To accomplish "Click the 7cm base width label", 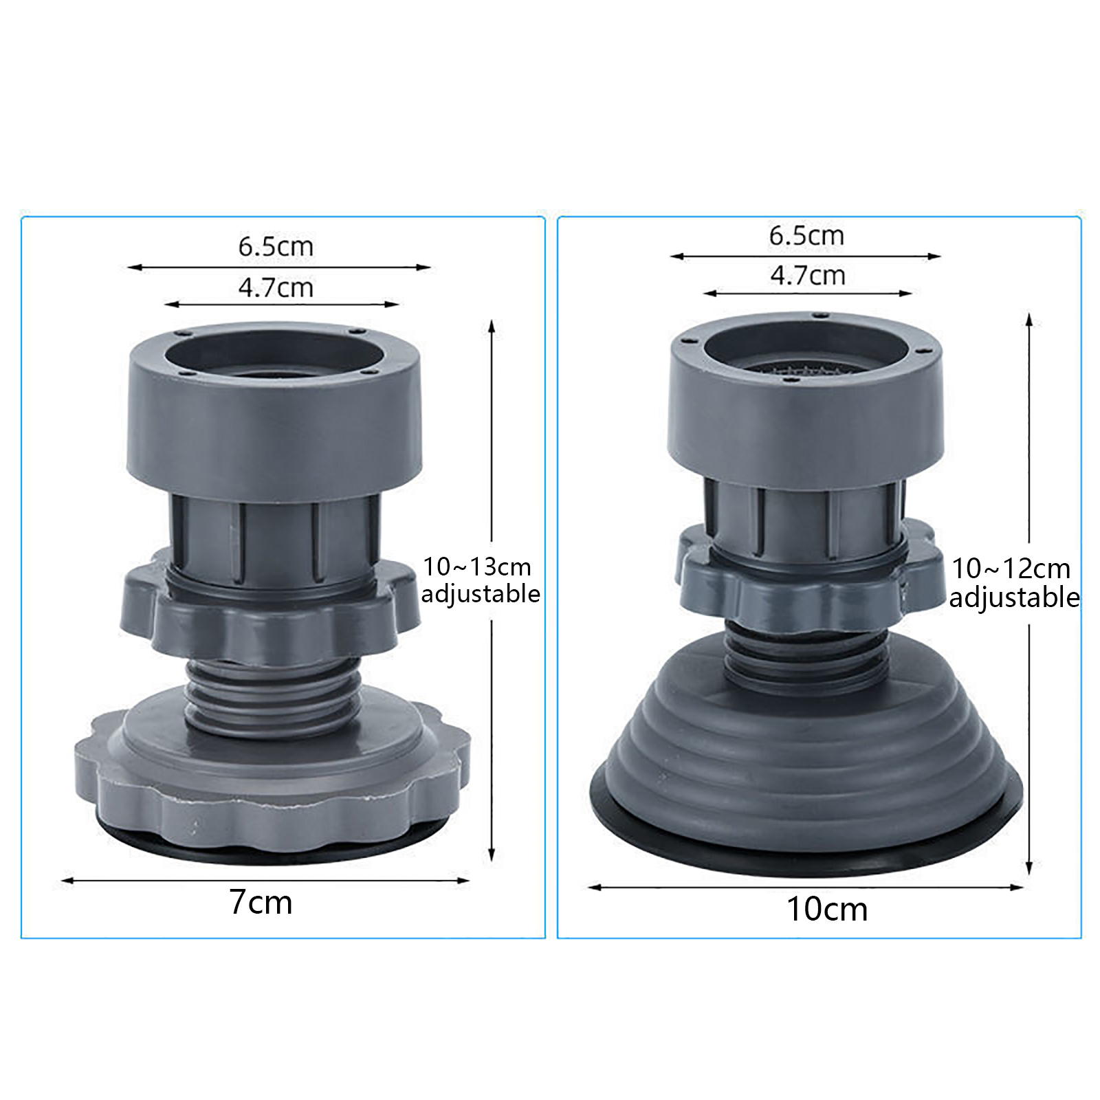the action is pyautogui.click(x=261, y=902).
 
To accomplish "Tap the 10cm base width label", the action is pyautogui.click(x=827, y=909).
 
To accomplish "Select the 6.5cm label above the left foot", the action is pyautogui.click(x=276, y=246).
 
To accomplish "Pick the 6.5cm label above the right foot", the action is pyautogui.click(x=806, y=236).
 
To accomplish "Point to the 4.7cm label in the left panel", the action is pyautogui.click(x=276, y=287).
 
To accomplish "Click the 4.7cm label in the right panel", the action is pyautogui.click(x=807, y=276).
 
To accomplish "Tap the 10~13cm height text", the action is pyautogui.click(x=477, y=567).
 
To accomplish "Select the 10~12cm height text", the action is pyautogui.click(x=1011, y=569).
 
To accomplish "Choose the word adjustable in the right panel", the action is pyautogui.click(x=1014, y=597).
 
